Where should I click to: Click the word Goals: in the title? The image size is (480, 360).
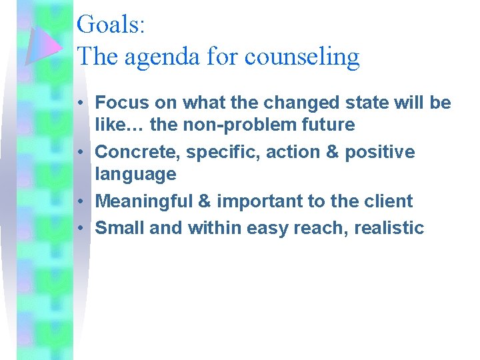click(x=111, y=25)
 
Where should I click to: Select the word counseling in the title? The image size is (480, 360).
click(x=302, y=57)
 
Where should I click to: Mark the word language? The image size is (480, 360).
click(x=135, y=175)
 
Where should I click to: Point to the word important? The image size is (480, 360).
click(x=261, y=201)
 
